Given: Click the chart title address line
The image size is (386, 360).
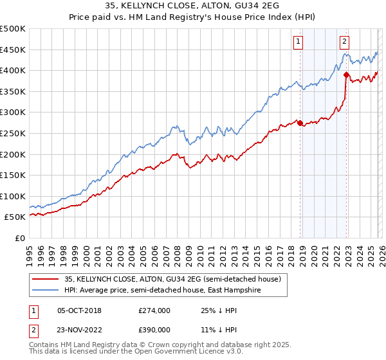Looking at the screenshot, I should [x=193, y=6].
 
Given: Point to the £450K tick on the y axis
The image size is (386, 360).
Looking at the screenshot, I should [x=13, y=50].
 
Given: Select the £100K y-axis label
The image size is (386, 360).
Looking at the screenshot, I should [x=13, y=196].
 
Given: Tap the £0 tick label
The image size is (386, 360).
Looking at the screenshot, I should [x=19, y=239].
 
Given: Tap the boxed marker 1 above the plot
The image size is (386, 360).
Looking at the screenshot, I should [x=299, y=42].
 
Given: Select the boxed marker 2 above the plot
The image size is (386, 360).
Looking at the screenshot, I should [x=345, y=42].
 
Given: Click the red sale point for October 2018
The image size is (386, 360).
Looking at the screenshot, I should [x=300, y=123].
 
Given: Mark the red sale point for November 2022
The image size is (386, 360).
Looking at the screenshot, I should [x=347, y=75].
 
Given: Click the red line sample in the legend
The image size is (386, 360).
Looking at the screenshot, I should [x=46, y=280].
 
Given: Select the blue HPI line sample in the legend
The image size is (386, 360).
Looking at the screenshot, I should [x=46, y=290].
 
